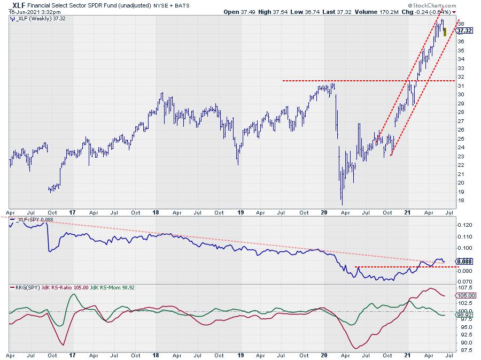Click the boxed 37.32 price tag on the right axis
pyautogui.click(x=463, y=31)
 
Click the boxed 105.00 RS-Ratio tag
pyautogui.click(x=463, y=296)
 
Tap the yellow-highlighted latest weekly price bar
pyautogui.click(x=445, y=32)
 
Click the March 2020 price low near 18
pyautogui.click(x=342, y=202)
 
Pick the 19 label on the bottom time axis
pyautogui.click(x=241, y=355)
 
